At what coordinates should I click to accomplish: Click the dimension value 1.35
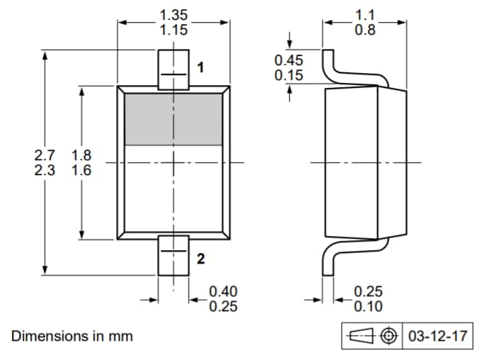click(x=173, y=14)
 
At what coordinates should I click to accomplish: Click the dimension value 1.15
click(x=173, y=30)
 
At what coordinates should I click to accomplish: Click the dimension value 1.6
click(x=81, y=171)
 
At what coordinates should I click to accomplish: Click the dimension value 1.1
click(x=364, y=14)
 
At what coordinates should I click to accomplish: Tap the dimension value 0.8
click(x=364, y=30)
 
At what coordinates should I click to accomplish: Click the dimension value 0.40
click(x=224, y=291)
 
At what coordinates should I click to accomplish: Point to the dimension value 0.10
click(x=368, y=306)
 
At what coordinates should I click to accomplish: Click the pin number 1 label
click(x=200, y=68)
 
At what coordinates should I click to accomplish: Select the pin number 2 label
click(x=200, y=259)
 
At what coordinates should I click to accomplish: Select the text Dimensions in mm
click(x=72, y=336)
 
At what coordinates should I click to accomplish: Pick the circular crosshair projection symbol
click(x=387, y=336)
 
